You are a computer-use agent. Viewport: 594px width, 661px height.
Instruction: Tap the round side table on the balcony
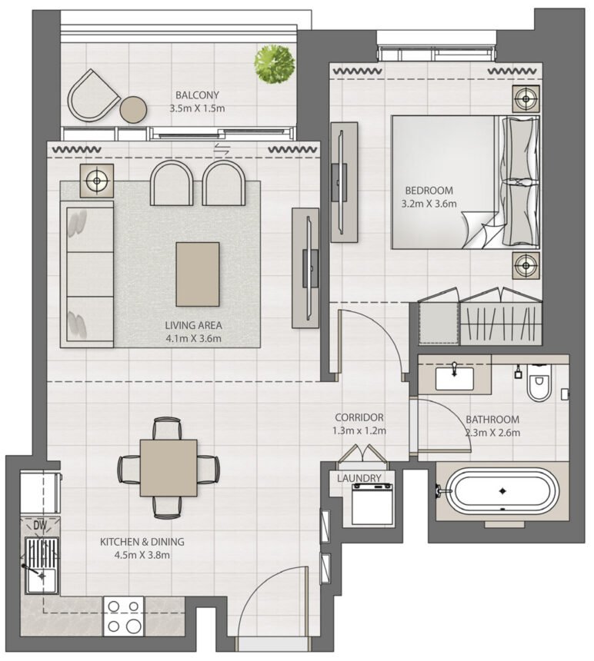(x=133, y=110)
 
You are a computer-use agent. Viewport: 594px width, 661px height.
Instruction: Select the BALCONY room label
(x=197, y=102)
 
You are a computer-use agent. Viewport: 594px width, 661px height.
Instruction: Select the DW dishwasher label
(x=40, y=526)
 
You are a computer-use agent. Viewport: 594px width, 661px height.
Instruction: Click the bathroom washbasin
(x=454, y=377)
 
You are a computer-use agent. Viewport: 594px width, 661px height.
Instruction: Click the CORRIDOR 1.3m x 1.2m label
(x=359, y=424)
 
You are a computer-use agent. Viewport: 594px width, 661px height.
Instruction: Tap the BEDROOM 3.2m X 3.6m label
(x=429, y=197)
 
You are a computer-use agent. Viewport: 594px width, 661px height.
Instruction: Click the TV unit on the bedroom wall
(x=343, y=182)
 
